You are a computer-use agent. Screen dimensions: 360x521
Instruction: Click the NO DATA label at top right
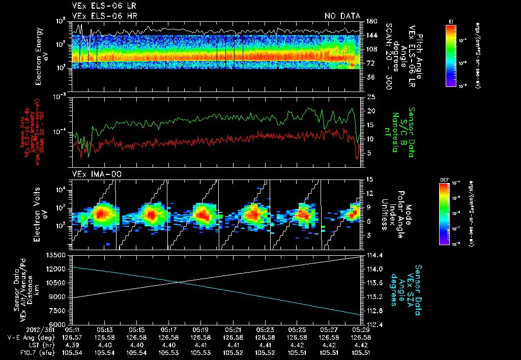pos(342,16)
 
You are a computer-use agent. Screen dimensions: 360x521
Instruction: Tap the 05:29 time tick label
pos(360,329)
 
